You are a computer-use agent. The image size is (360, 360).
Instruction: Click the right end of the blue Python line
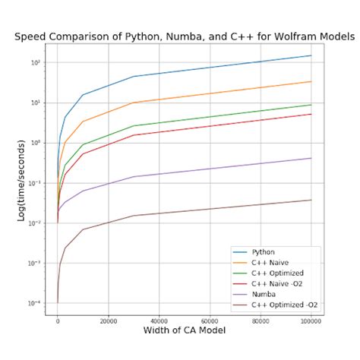click(311, 55)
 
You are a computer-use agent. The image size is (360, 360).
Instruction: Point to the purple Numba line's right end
click(311, 158)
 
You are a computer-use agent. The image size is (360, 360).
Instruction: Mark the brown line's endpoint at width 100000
click(311, 200)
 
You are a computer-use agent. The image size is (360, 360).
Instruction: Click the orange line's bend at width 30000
click(134, 103)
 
